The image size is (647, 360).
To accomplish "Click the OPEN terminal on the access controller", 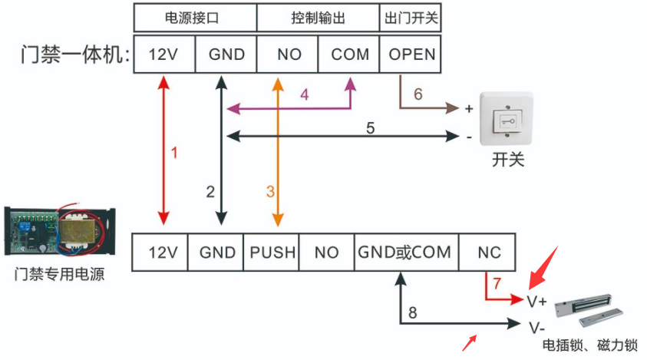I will click(x=411, y=54).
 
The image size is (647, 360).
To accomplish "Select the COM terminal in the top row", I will click(x=350, y=54).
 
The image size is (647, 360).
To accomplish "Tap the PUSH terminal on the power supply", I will click(x=273, y=252).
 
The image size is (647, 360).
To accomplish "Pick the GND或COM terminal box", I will click(x=404, y=252).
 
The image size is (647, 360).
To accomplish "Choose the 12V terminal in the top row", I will click(x=163, y=54).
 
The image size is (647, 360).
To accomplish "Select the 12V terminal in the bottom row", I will click(x=162, y=252).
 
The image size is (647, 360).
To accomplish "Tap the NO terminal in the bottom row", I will click(x=326, y=252).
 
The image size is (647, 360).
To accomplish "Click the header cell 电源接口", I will click(x=195, y=17).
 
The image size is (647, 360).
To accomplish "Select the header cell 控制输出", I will click(x=318, y=17).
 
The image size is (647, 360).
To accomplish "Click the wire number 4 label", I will click(x=304, y=95).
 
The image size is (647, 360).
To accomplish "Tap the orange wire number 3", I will click(x=270, y=190).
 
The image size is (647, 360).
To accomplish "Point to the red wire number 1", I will click(x=173, y=152).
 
